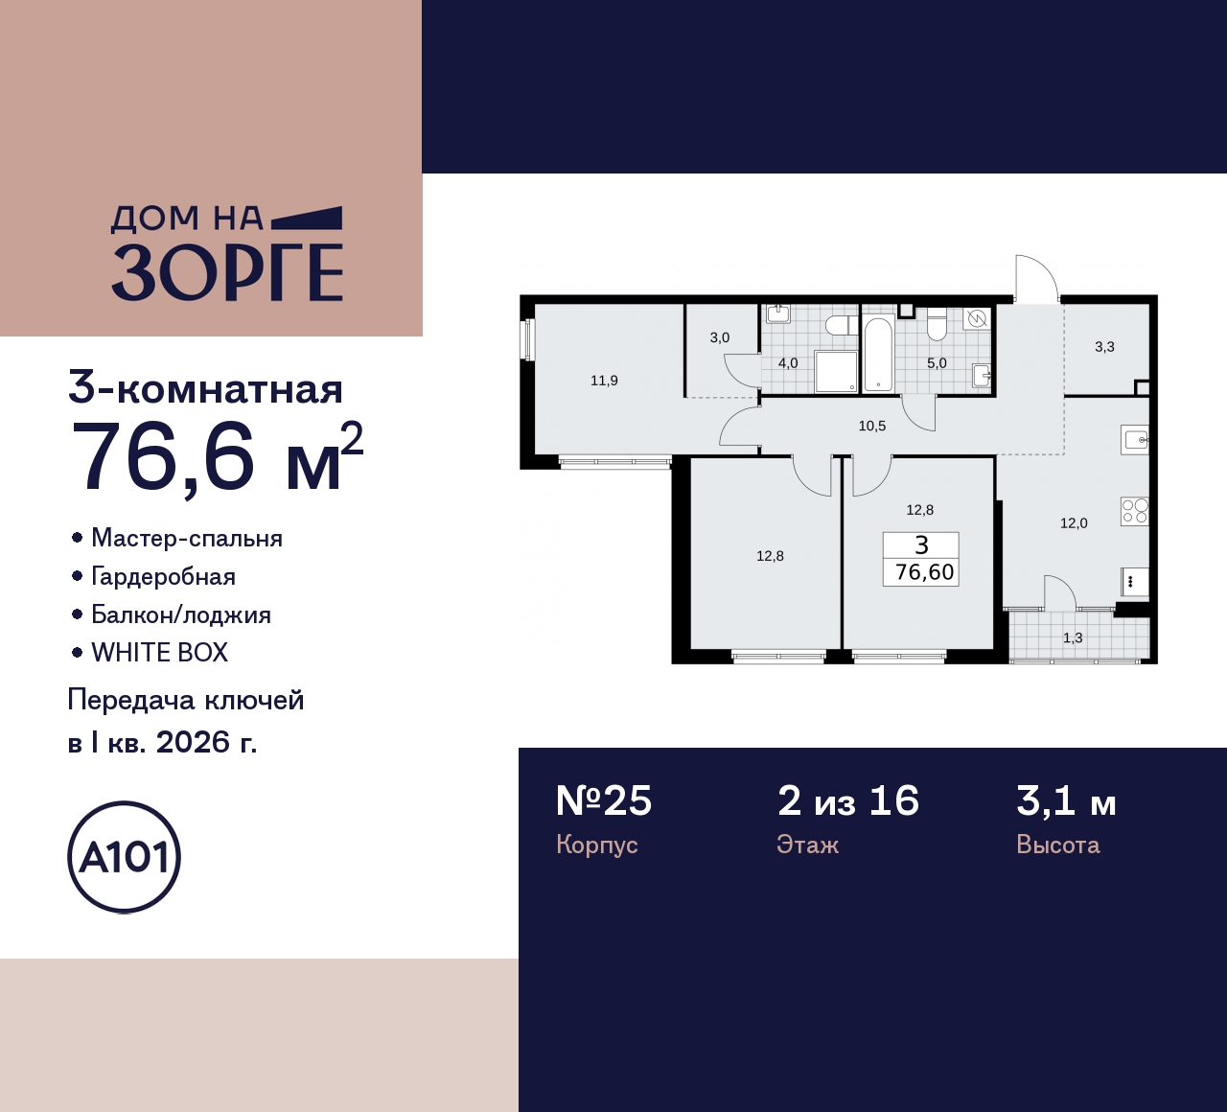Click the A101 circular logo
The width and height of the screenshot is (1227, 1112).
(125, 857)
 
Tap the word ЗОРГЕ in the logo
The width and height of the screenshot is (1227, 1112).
(227, 273)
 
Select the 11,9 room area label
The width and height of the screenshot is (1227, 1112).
(604, 381)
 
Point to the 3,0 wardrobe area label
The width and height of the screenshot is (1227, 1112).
(720, 337)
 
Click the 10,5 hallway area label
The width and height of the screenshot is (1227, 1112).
(872, 426)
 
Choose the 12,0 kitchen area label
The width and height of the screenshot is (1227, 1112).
(1074, 523)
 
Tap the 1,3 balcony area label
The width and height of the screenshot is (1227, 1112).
(1073, 637)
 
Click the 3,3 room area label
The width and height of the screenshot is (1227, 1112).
(1104, 347)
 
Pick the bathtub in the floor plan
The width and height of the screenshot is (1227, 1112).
(878, 355)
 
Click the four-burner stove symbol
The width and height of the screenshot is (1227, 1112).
(1135, 511)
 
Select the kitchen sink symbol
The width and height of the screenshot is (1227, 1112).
(1135, 440)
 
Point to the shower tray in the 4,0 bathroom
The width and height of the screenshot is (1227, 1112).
(835, 371)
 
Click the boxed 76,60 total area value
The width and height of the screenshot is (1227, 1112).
(924, 572)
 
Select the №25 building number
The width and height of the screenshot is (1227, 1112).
(604, 801)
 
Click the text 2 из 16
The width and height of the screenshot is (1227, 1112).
(848, 801)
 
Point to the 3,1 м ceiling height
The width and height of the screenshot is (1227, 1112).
(1066, 801)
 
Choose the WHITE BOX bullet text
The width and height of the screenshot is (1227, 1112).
(159, 653)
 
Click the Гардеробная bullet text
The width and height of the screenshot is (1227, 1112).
(163, 576)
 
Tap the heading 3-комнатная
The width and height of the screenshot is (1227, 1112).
(205, 390)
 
